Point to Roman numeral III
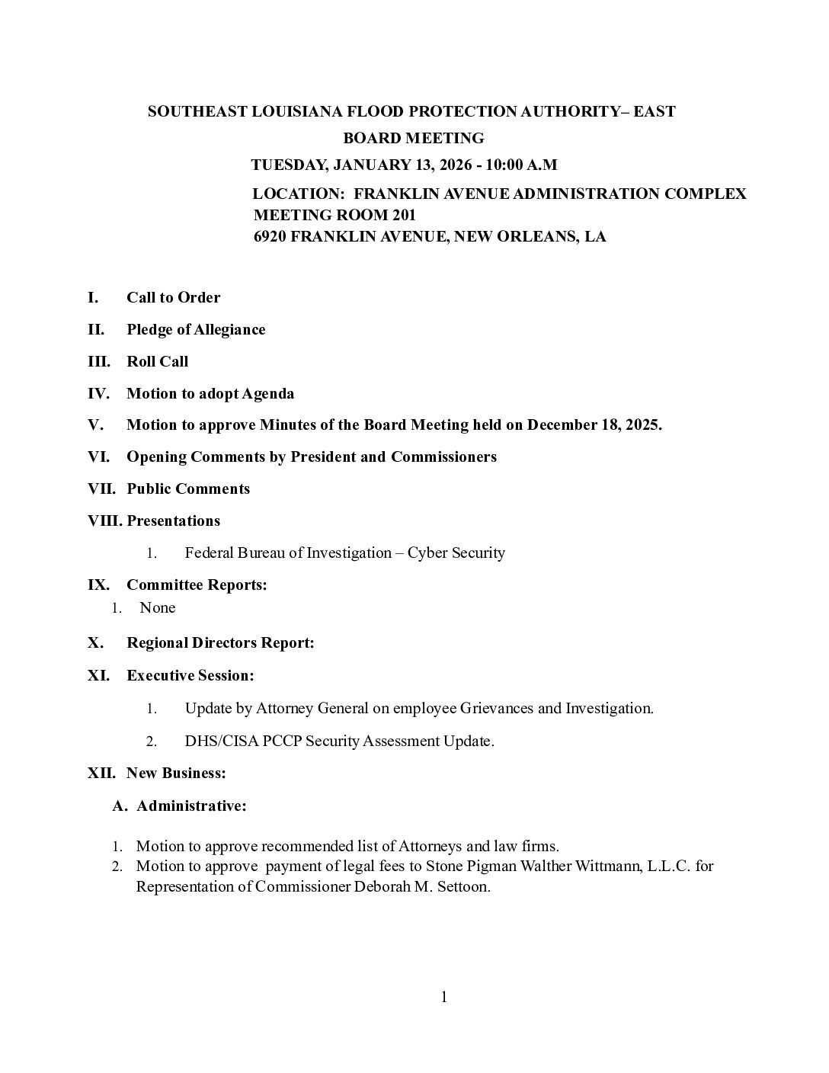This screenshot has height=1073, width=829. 98,361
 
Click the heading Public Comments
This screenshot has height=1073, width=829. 188,488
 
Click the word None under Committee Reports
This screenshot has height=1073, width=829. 158,607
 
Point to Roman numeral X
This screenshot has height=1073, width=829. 95,642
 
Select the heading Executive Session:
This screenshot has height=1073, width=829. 190,675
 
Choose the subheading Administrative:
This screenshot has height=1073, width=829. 191,806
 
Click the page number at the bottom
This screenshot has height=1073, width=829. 443,997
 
